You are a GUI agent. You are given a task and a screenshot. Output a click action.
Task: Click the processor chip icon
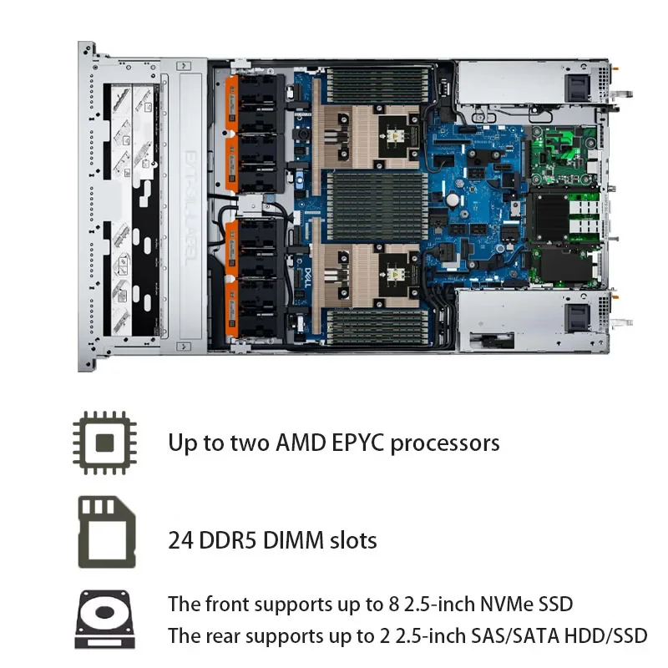click(x=104, y=442)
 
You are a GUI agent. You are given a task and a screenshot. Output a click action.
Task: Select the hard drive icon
click(x=104, y=620)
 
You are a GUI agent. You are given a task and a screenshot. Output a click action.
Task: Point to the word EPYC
click(x=361, y=443)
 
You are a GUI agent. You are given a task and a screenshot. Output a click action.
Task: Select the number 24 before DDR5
click(x=180, y=540)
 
